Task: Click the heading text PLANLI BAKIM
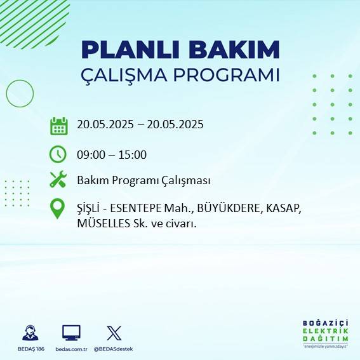click(x=180, y=50)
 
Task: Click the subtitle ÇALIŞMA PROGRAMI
click(x=180, y=74)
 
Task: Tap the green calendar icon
click(x=58, y=126)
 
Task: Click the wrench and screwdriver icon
click(x=58, y=180)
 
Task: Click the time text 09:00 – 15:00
click(x=112, y=154)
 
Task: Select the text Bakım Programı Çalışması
click(x=143, y=180)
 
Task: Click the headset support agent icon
click(x=30, y=333)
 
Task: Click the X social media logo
click(x=114, y=333)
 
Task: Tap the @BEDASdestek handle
click(x=114, y=349)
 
